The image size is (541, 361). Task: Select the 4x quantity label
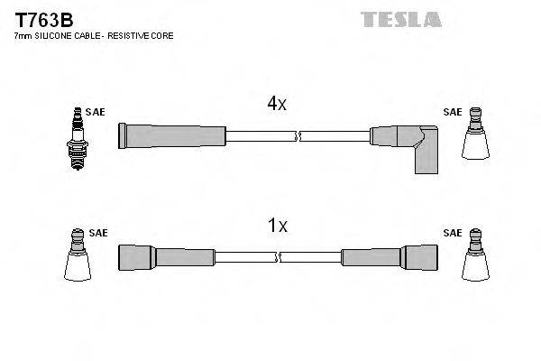click(x=276, y=105)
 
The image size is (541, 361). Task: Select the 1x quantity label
click(x=276, y=227)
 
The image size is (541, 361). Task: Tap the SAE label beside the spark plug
click(x=96, y=113)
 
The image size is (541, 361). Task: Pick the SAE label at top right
click(x=453, y=113)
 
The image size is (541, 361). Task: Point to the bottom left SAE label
click(x=98, y=233)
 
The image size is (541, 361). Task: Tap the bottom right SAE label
click(x=453, y=233)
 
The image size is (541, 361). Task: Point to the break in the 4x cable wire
click(x=298, y=137)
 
